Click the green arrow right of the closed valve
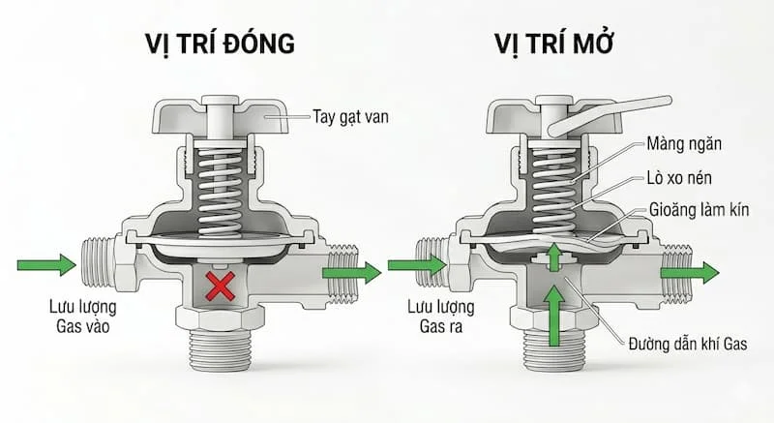pos(351,273)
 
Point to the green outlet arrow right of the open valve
pos(690,272)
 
